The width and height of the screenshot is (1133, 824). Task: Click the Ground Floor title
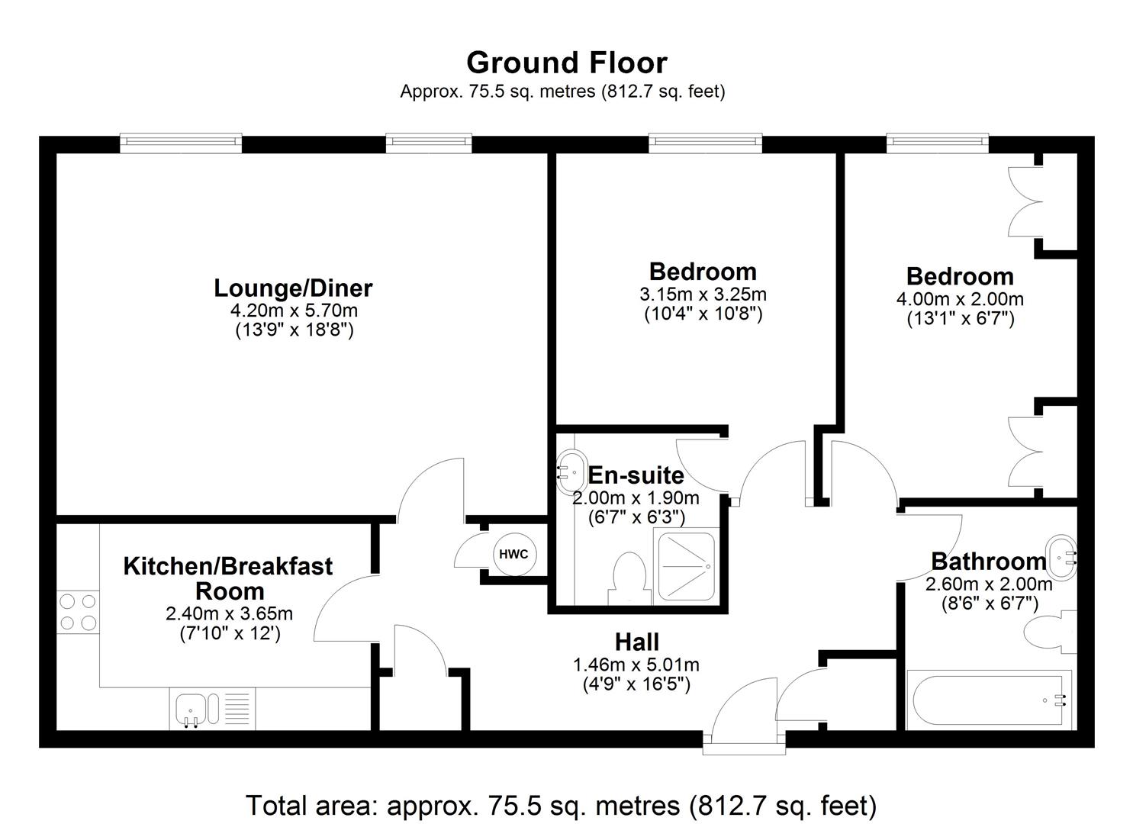(x=566, y=63)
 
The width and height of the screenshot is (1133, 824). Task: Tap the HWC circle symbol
(x=513, y=554)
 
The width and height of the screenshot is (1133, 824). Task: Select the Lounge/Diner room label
(x=293, y=288)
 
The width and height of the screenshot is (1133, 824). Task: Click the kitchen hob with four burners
(x=78, y=612)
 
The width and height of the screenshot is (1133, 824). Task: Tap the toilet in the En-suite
(x=628, y=577)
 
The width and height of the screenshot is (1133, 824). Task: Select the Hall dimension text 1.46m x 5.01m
(x=636, y=665)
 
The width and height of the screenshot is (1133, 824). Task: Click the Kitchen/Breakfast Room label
(x=228, y=578)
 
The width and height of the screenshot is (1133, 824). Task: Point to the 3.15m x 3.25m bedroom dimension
(x=703, y=295)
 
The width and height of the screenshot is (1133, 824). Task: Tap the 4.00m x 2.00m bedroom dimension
(x=960, y=299)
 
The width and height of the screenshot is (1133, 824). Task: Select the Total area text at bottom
(x=561, y=804)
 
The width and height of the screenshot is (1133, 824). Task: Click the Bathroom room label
(x=988, y=562)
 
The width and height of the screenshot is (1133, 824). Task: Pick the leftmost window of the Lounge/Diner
(x=181, y=143)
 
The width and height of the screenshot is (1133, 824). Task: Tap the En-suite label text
(x=636, y=475)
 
